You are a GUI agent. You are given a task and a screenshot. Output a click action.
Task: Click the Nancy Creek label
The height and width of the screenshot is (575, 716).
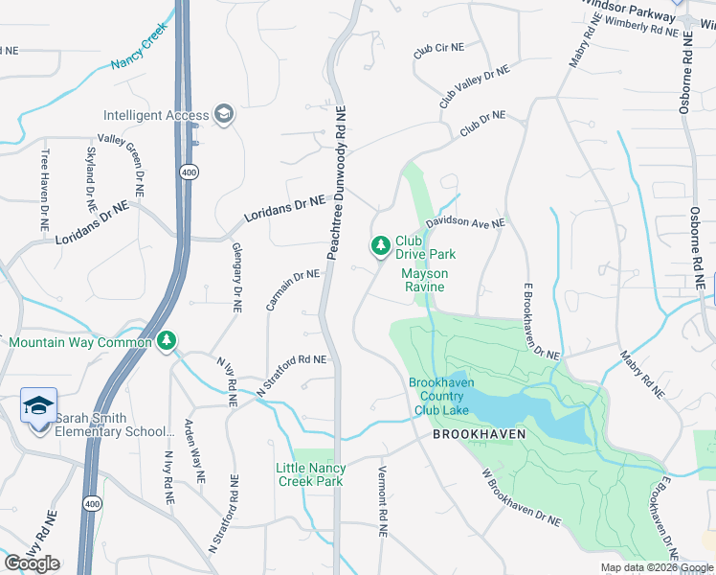pyautogui.click(x=139, y=54)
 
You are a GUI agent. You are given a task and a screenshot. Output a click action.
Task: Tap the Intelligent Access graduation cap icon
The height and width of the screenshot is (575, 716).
pyautogui.click(x=224, y=115)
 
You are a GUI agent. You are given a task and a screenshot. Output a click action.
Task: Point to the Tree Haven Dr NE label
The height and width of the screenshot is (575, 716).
pyautogui.click(x=44, y=191)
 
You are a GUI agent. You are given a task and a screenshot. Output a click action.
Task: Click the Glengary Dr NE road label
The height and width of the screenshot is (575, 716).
pyautogui.click(x=235, y=278)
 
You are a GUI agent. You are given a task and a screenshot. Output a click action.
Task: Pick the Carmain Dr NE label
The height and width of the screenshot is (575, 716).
pyautogui.click(x=292, y=288)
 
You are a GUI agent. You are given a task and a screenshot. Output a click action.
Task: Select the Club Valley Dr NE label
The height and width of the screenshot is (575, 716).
pyautogui.click(x=474, y=86)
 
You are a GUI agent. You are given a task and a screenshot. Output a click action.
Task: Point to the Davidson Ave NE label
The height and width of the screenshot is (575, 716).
pyautogui.click(x=465, y=222)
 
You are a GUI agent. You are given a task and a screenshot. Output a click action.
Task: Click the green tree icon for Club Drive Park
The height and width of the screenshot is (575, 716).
pyautogui.click(x=381, y=247)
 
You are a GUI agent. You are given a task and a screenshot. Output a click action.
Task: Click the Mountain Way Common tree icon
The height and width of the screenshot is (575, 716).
pyautogui.click(x=168, y=341)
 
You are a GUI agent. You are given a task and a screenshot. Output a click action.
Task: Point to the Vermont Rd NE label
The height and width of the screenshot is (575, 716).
pyautogui.click(x=382, y=493)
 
